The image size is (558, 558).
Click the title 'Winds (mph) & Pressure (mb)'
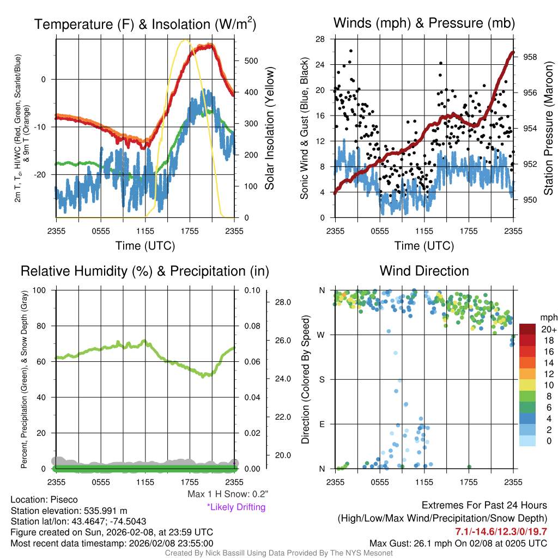pyautogui.click(x=424, y=23)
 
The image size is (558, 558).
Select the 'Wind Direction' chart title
pyautogui.click(x=424, y=271)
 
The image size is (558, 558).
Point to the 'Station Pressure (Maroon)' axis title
pyautogui.click(x=549, y=128)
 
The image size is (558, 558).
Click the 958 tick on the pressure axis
pyautogui.click(x=530, y=57)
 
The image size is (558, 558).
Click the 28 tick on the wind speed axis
pyautogui.click(x=321, y=39)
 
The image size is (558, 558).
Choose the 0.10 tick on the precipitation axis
pyautogui.click(x=251, y=290)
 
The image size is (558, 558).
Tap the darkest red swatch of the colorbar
pyautogui.click(x=527, y=329)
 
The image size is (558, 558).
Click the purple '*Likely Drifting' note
pyautogui.click(x=236, y=507)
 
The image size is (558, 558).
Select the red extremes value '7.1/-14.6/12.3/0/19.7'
pyautogui.click(x=501, y=531)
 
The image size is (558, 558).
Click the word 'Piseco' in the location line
pyautogui.click(x=64, y=500)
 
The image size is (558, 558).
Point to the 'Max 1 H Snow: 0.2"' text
pyautogui.click(x=227, y=494)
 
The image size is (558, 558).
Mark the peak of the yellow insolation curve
pyautogui.click(x=186, y=40)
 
